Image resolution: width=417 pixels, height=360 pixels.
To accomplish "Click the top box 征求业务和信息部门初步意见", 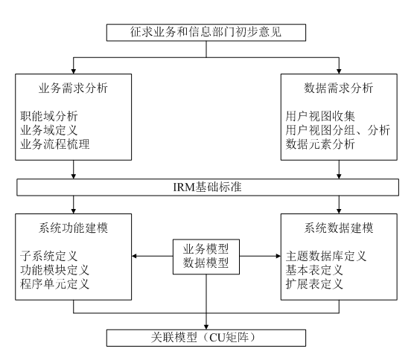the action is (206, 33).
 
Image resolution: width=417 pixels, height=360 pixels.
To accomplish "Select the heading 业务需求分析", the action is (73, 89).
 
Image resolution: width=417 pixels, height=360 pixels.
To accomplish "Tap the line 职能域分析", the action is (49, 116).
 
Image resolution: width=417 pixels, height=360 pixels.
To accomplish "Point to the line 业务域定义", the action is (49, 130).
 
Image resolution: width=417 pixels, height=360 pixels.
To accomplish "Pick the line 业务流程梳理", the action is (55, 144).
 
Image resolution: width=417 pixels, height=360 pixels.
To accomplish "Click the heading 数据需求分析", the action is (339, 89).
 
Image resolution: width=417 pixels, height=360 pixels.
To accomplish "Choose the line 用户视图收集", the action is (320, 116).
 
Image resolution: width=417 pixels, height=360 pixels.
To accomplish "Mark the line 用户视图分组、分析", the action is (338, 130).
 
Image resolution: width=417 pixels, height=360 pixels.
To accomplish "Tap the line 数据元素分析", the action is (320, 144).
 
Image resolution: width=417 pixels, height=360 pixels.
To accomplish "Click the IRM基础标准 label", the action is (208, 187).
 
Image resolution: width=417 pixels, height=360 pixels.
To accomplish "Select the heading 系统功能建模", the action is (73, 228).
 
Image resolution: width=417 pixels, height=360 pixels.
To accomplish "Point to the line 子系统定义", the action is (49, 256).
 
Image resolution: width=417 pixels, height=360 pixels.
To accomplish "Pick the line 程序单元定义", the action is (55, 284).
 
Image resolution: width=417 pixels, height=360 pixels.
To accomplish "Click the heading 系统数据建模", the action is (339, 228).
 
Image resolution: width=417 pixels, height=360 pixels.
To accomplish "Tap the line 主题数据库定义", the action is (326, 256).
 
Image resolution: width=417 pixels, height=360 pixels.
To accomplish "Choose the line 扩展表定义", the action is (314, 284).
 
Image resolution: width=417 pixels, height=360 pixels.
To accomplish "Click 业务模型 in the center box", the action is (206, 249).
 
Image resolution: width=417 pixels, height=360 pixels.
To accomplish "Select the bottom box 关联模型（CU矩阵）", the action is (206, 338).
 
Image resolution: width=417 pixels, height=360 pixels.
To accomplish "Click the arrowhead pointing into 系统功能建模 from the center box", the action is (134, 256).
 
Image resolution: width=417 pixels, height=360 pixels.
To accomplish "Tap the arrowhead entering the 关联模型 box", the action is (206, 327).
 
